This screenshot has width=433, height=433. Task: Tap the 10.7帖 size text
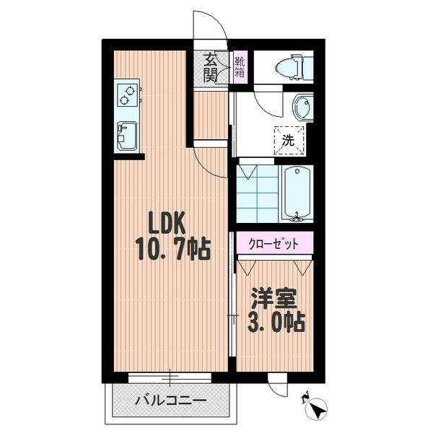(x=172, y=250)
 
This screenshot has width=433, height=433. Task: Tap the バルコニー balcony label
(x=170, y=399)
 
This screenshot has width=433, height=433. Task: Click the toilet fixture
(x=294, y=67)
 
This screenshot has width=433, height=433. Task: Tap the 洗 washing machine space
(x=288, y=139)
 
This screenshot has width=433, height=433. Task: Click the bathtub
(x=297, y=193)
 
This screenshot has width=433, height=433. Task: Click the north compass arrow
(x=315, y=409)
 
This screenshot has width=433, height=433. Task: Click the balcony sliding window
(x=171, y=376)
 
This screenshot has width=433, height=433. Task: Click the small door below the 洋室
(x=278, y=386)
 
